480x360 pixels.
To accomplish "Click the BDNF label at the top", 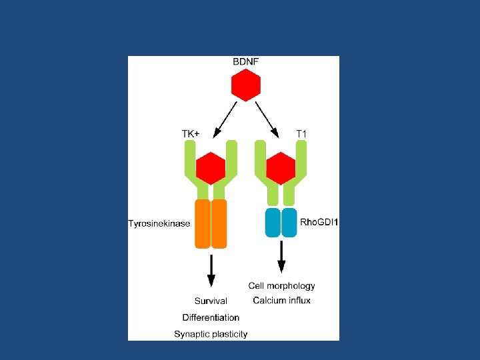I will click(x=245, y=62).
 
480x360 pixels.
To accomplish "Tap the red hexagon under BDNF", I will click(x=245, y=85).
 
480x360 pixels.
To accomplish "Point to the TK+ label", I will click(x=191, y=133).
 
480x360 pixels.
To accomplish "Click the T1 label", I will click(x=301, y=133).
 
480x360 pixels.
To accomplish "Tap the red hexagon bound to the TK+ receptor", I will click(x=211, y=168).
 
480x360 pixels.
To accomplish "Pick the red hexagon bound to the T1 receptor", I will click(x=281, y=168).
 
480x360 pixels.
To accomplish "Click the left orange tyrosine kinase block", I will click(x=203, y=223).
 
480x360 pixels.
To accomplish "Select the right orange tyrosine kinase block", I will click(x=219, y=223).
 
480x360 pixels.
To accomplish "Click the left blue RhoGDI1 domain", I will click(x=273, y=222).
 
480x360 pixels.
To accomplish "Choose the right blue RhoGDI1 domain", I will click(x=289, y=222).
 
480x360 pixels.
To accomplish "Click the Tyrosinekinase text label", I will click(x=159, y=223).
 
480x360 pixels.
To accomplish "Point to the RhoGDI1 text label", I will click(x=319, y=222).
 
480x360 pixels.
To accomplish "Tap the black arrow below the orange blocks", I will click(x=211, y=270).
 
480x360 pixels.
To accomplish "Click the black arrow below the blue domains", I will click(x=281, y=257).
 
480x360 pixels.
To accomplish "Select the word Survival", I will click(x=211, y=301).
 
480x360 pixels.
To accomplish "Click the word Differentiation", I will click(x=211, y=317).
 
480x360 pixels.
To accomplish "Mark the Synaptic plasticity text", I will click(x=211, y=334).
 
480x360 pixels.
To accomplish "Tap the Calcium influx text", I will click(x=281, y=301).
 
